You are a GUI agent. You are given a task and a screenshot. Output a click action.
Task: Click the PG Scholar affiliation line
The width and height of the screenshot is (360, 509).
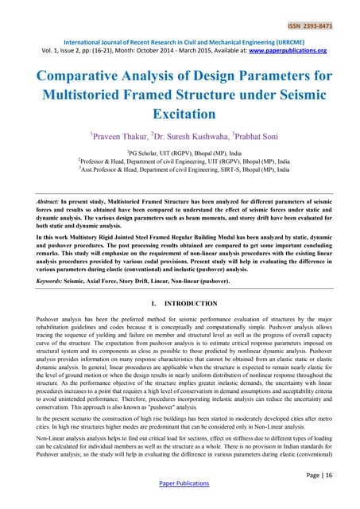180,151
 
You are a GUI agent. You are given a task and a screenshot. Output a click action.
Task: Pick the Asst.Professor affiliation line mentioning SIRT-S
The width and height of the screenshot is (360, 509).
180,169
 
